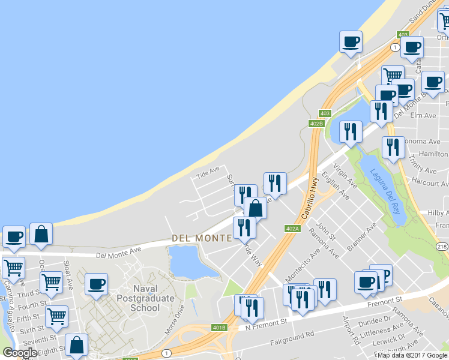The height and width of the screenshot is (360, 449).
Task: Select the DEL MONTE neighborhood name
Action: pyautogui.click(x=202, y=238)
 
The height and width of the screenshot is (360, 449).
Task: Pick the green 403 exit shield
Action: pyautogui.click(x=325, y=113)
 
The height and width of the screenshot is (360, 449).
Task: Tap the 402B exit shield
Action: pyautogui.click(x=316, y=123)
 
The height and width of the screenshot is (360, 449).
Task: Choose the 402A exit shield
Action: pyautogui.click(x=292, y=228)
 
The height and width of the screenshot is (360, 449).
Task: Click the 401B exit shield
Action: pyautogui.click(x=219, y=328)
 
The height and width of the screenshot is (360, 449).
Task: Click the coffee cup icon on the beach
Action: pyautogui.click(x=351, y=42)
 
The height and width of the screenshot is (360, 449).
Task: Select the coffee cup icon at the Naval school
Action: pyautogui.click(x=95, y=284)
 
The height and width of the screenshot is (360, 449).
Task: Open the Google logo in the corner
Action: pyautogui.click(x=19, y=353)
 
